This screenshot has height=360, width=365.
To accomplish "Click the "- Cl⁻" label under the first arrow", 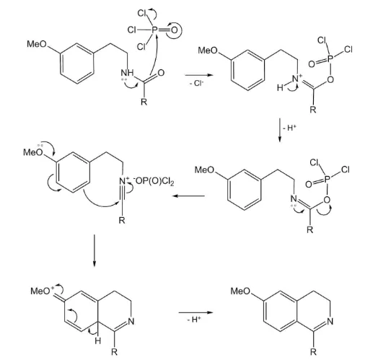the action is (197, 83).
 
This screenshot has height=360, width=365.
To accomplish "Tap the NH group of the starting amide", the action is (127, 73).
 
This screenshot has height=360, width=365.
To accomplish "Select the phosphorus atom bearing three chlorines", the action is (154, 30).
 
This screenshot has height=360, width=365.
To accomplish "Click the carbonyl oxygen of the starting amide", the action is (161, 72).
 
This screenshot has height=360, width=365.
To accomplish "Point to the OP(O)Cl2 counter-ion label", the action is (154, 181).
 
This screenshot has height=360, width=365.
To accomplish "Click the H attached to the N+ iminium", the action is (280, 88).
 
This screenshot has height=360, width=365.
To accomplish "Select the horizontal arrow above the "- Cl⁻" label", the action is (199, 75).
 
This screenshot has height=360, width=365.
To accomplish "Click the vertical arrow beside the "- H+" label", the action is (279, 130).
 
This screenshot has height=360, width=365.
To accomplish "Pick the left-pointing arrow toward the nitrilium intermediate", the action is (189, 196).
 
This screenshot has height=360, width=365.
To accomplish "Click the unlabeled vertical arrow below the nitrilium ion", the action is (94, 250).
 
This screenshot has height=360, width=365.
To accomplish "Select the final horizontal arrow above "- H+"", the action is (196, 312).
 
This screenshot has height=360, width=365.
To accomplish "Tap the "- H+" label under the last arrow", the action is (194, 320).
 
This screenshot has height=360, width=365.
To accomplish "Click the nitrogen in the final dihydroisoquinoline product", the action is (330, 321).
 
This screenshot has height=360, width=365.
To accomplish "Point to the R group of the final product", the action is (313, 351).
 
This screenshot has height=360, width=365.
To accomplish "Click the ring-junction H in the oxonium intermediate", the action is (97, 341).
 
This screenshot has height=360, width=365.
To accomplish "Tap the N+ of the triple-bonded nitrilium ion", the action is (123, 180).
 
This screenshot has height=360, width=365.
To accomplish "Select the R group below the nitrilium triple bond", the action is (122, 220).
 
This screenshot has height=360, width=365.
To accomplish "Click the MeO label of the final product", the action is (240, 291).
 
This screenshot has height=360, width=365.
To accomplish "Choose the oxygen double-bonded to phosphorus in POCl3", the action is (175, 30).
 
